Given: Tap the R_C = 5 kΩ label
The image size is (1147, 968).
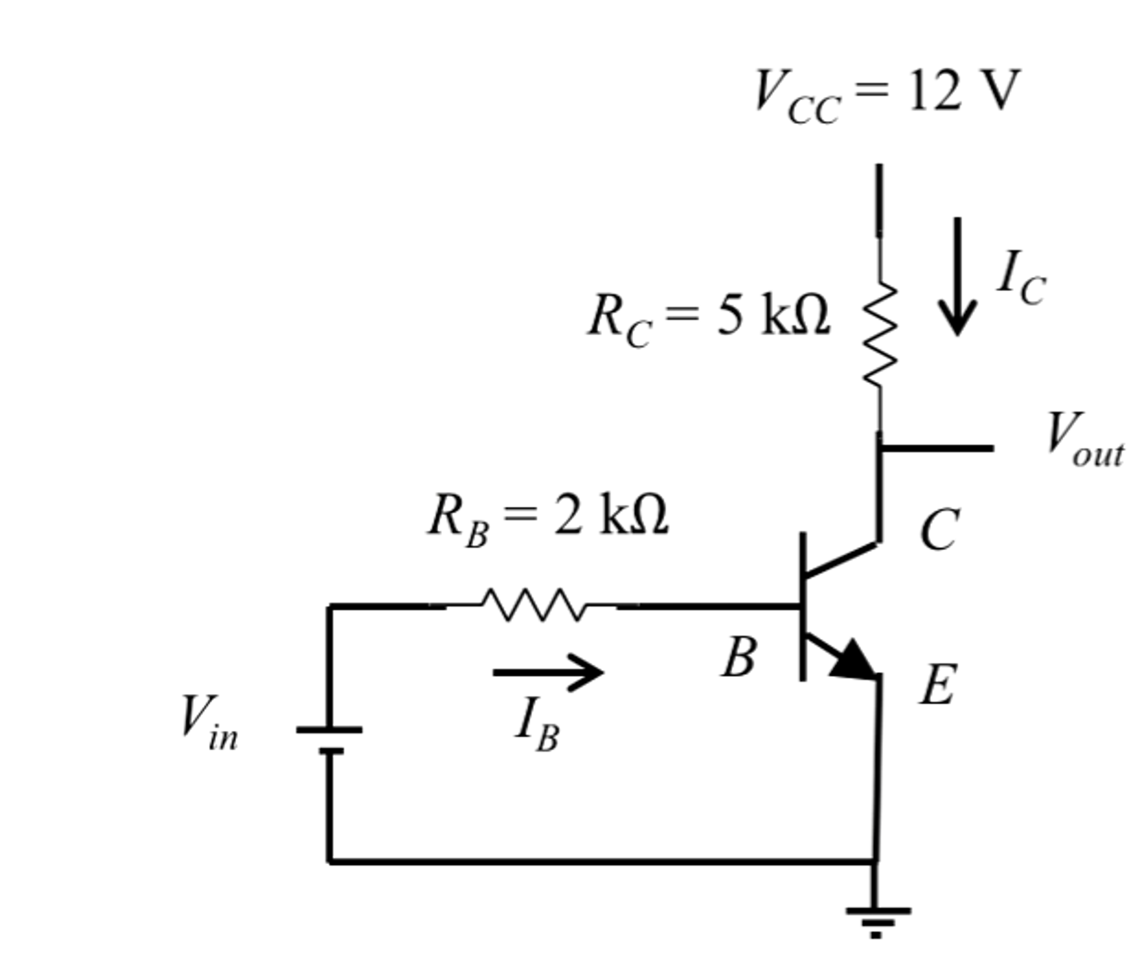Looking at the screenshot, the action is (709, 319).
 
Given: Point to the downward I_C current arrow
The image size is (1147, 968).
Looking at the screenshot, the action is (957, 276).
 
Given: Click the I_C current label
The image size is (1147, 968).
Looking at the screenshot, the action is (1022, 279).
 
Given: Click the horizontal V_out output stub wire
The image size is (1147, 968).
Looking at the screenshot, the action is (937, 448).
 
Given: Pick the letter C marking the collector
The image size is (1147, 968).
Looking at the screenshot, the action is (939, 530).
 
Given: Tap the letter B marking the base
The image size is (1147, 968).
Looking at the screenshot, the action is (739, 657).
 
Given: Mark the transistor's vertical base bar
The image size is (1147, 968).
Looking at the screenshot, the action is (803, 606).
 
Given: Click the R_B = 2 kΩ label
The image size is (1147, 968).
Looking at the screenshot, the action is (548, 517).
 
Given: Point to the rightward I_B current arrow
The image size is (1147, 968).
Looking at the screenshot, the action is (548, 673).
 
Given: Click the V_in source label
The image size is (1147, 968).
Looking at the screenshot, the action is (209, 722).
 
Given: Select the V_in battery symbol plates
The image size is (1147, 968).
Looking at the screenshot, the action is (329, 739).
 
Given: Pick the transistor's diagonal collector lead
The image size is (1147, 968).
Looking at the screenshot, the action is (841, 558).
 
